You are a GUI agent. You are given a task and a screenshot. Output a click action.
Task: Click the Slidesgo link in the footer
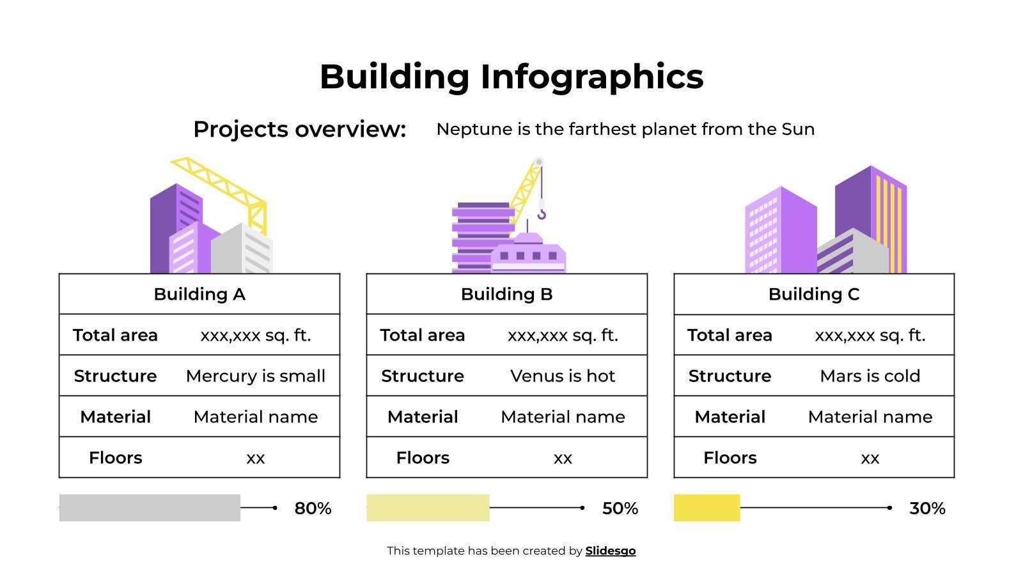coord(610,551)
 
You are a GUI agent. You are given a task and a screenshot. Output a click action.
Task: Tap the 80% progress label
coord(313,509)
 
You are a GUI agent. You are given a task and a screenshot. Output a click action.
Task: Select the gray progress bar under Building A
coord(150,508)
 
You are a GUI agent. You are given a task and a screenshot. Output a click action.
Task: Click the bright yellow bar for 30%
coord(707,508)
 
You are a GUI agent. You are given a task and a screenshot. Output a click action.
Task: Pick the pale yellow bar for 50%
coord(428,508)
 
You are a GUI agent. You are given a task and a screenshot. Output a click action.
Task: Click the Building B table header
coord(506,294)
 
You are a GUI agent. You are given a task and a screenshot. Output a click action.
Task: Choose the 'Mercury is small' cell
coord(256,376)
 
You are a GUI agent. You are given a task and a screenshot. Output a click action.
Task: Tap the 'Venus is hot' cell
coord(563,376)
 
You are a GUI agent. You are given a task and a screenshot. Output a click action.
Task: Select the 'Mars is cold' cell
coord(870,376)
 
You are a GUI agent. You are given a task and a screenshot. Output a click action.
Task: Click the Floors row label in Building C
coord(730,457)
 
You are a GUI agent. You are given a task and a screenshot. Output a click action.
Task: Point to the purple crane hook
coord(542,213)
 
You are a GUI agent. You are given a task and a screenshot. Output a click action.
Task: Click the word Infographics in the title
coord(591,77)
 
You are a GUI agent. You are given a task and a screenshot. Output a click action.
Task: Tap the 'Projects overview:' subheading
coord(299,129)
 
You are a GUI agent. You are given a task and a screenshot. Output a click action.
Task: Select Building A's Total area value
coord(256,335)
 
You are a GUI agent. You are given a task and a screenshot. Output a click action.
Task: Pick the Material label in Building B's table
coord(423,417)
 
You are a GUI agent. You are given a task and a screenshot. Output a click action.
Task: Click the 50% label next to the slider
coord(620,509)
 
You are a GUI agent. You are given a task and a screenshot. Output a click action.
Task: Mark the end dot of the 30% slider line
coord(889,508)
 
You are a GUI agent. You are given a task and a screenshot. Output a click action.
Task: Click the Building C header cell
coord(814,294)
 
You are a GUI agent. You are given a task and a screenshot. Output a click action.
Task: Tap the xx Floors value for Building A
coord(256,458)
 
